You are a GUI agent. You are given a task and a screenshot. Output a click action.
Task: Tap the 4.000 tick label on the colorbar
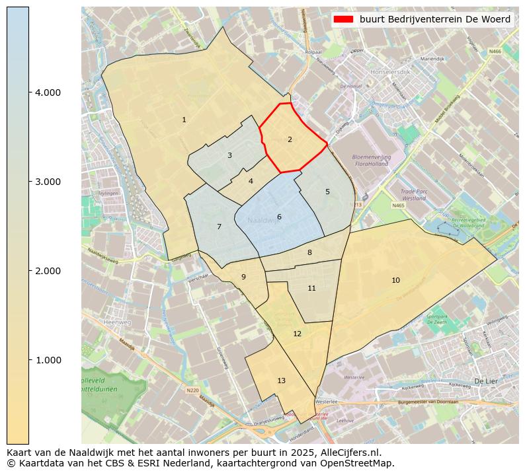click(48, 92)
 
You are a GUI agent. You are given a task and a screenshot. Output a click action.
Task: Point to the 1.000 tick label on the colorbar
click(48, 360)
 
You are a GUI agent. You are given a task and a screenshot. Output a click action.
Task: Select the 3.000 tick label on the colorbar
click(48, 182)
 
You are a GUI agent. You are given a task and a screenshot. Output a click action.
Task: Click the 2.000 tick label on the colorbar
click(48, 271)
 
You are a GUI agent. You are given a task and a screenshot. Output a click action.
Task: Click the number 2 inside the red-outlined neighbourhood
click(290, 139)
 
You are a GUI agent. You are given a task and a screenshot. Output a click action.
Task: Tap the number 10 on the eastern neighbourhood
click(395, 281)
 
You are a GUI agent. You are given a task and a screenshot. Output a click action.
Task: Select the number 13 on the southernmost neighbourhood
click(281, 381)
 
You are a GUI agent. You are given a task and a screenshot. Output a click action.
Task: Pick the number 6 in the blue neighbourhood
click(279, 217)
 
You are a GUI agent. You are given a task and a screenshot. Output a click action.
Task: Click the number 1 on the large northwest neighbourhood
click(184, 120)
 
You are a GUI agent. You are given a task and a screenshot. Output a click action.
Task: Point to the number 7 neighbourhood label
click(219, 227)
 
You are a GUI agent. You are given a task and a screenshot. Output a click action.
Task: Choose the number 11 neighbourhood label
click(311, 289)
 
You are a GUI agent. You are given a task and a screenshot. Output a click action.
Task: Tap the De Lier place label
click(485, 381)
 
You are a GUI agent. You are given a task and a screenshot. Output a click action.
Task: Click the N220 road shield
click(192, 390)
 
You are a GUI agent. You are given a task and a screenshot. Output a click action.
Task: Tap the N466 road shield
click(495, 51)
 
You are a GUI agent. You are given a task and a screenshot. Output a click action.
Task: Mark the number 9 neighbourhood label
click(243, 277)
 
